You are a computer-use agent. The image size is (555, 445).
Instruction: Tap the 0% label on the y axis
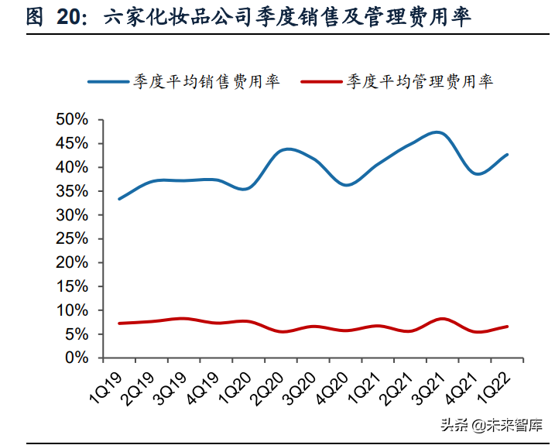80,358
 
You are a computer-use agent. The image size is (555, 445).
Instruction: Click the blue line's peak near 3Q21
437,132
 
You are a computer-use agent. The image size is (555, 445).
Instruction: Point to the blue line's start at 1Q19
119,199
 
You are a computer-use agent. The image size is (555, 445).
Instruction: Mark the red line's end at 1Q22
507,327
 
